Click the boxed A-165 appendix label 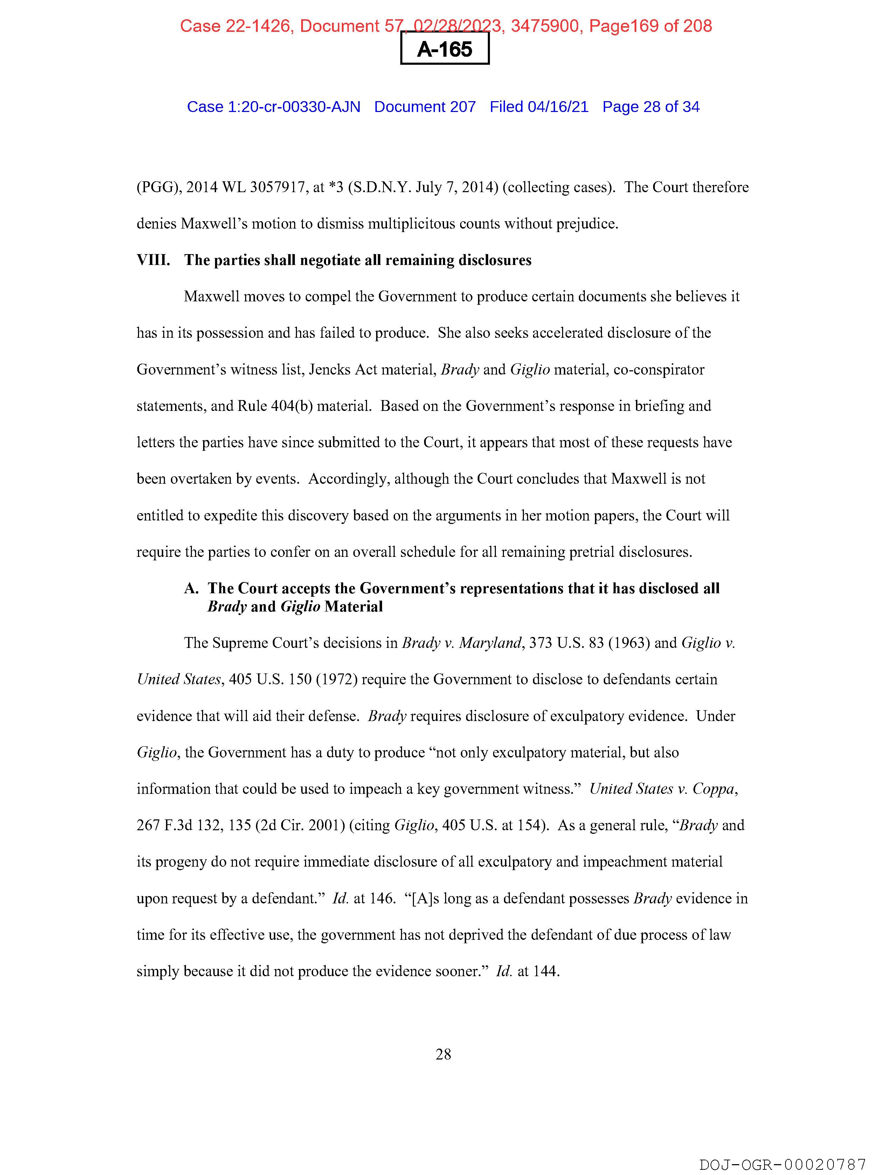pos(444,49)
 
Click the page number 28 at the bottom pos(443,1054)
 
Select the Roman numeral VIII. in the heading pos(153,260)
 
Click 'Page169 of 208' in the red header pos(651,26)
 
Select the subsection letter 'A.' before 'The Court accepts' pos(191,589)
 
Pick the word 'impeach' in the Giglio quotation pos(377,789)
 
